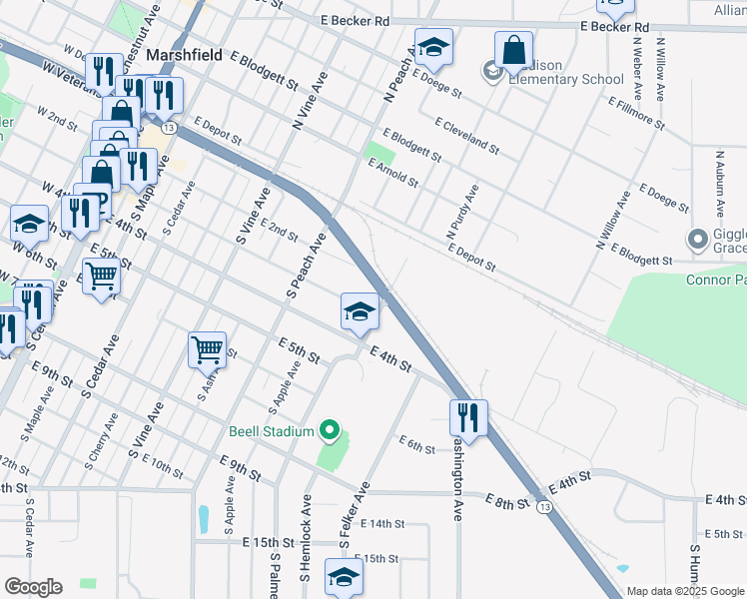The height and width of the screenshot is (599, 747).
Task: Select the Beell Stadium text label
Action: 272,431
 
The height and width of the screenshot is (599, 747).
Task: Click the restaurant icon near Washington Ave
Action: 467,415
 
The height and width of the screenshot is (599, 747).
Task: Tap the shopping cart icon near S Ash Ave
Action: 207,349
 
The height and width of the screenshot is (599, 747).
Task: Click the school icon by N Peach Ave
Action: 434,46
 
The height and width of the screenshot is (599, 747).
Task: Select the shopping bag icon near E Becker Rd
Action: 513,49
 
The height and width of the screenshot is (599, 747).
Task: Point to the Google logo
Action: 33,587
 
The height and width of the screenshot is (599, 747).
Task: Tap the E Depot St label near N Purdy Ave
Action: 471,258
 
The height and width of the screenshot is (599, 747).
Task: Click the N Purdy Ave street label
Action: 462,211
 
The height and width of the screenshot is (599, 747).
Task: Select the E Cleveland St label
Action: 466,135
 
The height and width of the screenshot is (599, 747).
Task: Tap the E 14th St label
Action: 380,523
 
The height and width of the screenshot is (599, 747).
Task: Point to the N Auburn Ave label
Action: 719,182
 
